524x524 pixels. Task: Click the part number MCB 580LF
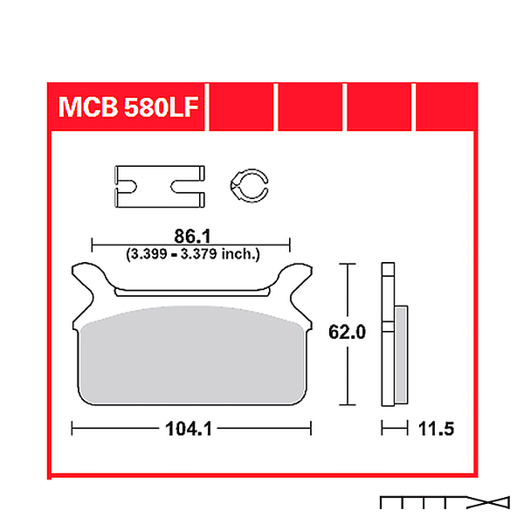point(128,107)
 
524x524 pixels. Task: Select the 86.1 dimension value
point(192,237)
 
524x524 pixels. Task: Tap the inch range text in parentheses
point(193,254)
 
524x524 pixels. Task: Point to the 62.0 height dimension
point(347,332)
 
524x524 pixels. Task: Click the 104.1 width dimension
point(189,429)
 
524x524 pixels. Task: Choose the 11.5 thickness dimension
point(436,429)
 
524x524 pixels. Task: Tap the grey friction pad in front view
point(192,355)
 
